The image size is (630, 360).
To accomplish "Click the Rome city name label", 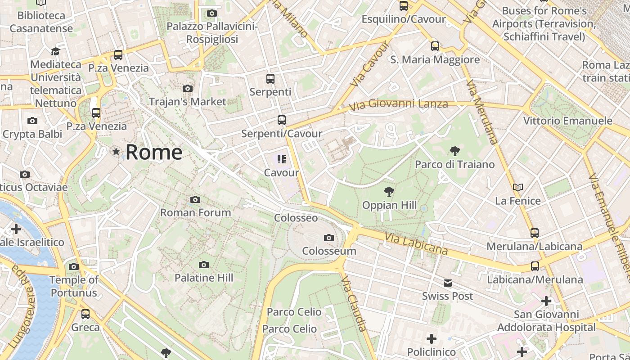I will tap(154, 152).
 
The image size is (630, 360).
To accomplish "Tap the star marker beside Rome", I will tap(117, 152).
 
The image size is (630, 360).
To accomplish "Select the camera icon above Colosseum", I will tap(329, 238).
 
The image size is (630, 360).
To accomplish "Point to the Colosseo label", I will tap(296, 218).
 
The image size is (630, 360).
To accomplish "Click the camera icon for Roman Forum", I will tap(195, 199).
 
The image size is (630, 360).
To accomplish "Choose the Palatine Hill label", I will tap(204, 278).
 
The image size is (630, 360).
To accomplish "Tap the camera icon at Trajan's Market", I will tap(188, 88).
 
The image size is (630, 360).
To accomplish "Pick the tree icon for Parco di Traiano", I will tap(454, 151).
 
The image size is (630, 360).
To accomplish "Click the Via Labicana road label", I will tap(416, 243).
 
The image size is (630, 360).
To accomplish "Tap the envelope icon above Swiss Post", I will tap(448, 283).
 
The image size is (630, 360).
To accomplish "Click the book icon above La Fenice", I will tap(518, 187).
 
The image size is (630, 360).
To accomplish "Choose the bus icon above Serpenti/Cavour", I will tap(282, 120).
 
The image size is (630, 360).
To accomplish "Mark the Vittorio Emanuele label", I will tap(567, 121).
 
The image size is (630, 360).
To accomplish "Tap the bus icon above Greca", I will tap(85, 314).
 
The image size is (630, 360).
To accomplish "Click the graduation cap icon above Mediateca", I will tap(55, 51).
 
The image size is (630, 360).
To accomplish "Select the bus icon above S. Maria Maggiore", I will tap(435, 46).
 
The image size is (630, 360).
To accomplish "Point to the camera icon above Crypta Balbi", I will tap(32, 121).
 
